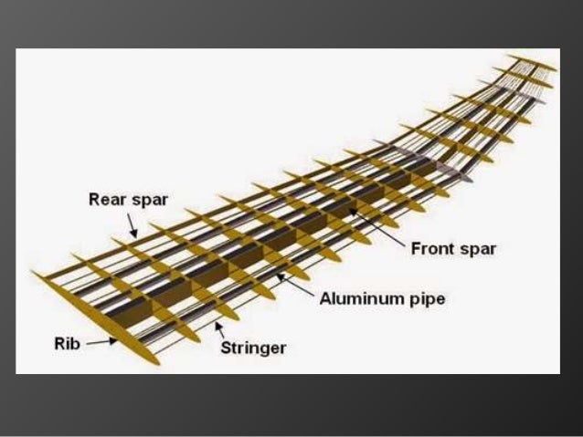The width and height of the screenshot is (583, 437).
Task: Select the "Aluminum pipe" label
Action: coord(382,297)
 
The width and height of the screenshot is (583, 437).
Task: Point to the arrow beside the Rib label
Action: coord(100,344)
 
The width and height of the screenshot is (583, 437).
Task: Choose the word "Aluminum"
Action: coord(362,297)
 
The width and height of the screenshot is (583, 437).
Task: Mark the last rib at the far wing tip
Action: coord(535,63)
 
